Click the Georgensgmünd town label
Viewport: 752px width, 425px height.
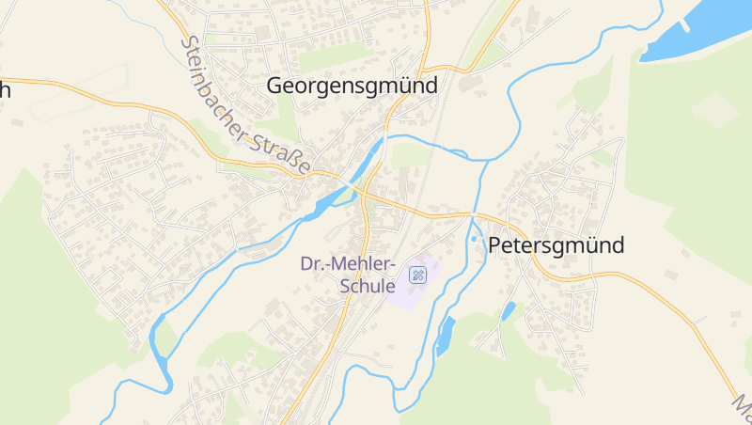[352, 86]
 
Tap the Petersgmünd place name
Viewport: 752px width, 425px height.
[556, 246]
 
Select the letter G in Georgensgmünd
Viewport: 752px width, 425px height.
[274, 86]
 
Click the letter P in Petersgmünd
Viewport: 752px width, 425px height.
[495, 246]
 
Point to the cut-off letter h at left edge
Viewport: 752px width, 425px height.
[5, 91]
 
